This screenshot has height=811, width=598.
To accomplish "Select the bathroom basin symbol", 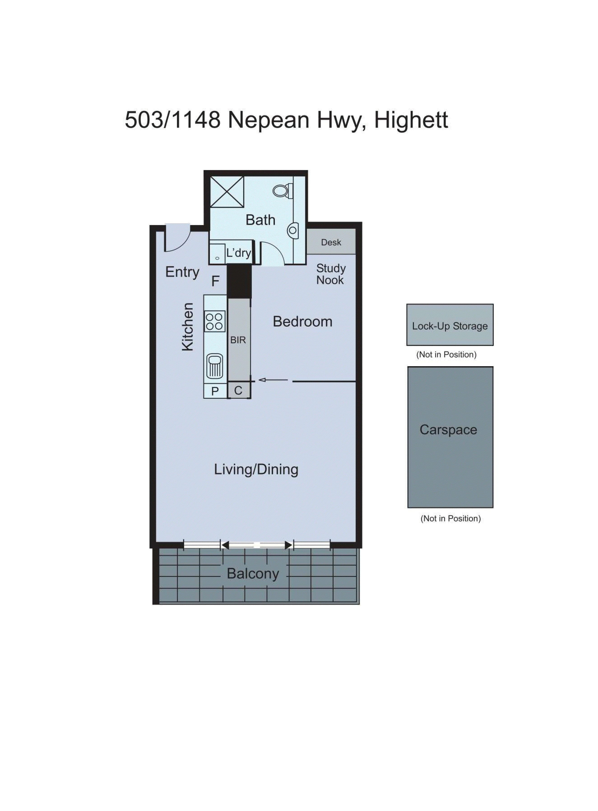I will tap(292, 230).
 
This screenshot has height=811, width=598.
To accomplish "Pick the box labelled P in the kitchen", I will tap(215, 391).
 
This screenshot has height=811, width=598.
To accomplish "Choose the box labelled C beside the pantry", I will tap(238, 391).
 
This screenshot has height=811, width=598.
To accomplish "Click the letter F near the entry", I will tap(215, 281).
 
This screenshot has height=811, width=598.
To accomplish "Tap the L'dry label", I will tap(239, 253).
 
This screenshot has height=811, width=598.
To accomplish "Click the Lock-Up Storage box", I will tap(450, 325).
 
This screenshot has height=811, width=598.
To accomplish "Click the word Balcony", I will tap(253, 574).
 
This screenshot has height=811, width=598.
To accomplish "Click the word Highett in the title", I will tap(411, 120).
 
